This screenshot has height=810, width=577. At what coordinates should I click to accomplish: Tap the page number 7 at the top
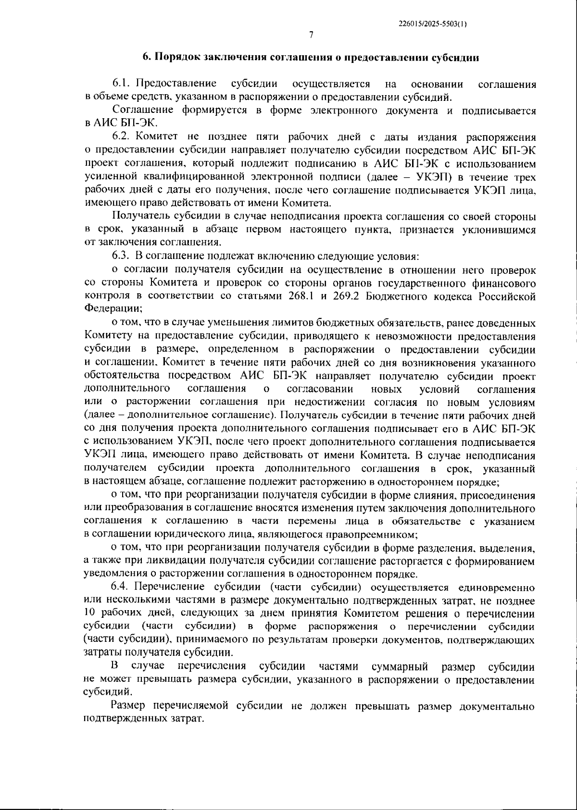click(311, 35)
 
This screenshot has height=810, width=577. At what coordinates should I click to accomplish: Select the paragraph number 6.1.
click(121, 85)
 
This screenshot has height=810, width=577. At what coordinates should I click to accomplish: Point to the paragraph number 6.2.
click(122, 138)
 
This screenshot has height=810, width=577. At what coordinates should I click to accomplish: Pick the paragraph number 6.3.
click(122, 255)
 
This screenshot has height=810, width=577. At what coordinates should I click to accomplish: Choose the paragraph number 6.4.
click(122, 587)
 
